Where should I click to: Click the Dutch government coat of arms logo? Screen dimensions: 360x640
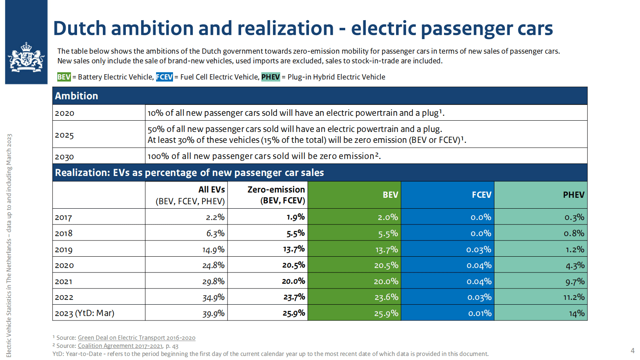click(26, 57)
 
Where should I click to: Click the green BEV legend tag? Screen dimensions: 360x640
click(64, 77)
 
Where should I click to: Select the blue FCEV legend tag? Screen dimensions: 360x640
click(165, 77)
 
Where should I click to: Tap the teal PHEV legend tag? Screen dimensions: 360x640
click(271, 77)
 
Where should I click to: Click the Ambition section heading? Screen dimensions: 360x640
click(77, 96)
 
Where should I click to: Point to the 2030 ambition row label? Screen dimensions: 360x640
click(65, 157)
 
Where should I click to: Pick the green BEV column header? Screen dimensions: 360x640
click(390, 195)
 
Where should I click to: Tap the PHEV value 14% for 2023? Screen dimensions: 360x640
click(577, 314)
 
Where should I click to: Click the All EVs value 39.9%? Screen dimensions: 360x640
click(213, 314)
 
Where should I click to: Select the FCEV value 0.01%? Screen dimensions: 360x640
click(480, 314)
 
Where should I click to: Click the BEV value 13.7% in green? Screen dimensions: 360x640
click(386, 250)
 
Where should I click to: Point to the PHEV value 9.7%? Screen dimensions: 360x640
click(575, 282)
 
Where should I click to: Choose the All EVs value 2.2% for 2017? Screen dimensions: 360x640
click(215, 218)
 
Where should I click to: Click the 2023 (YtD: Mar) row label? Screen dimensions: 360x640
click(85, 314)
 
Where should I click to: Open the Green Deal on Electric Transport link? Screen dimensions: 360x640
click(136, 338)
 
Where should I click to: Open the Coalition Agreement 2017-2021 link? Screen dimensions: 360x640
click(120, 346)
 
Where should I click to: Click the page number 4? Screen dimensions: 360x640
click(632, 351)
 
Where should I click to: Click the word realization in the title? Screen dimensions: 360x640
click(285, 29)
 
